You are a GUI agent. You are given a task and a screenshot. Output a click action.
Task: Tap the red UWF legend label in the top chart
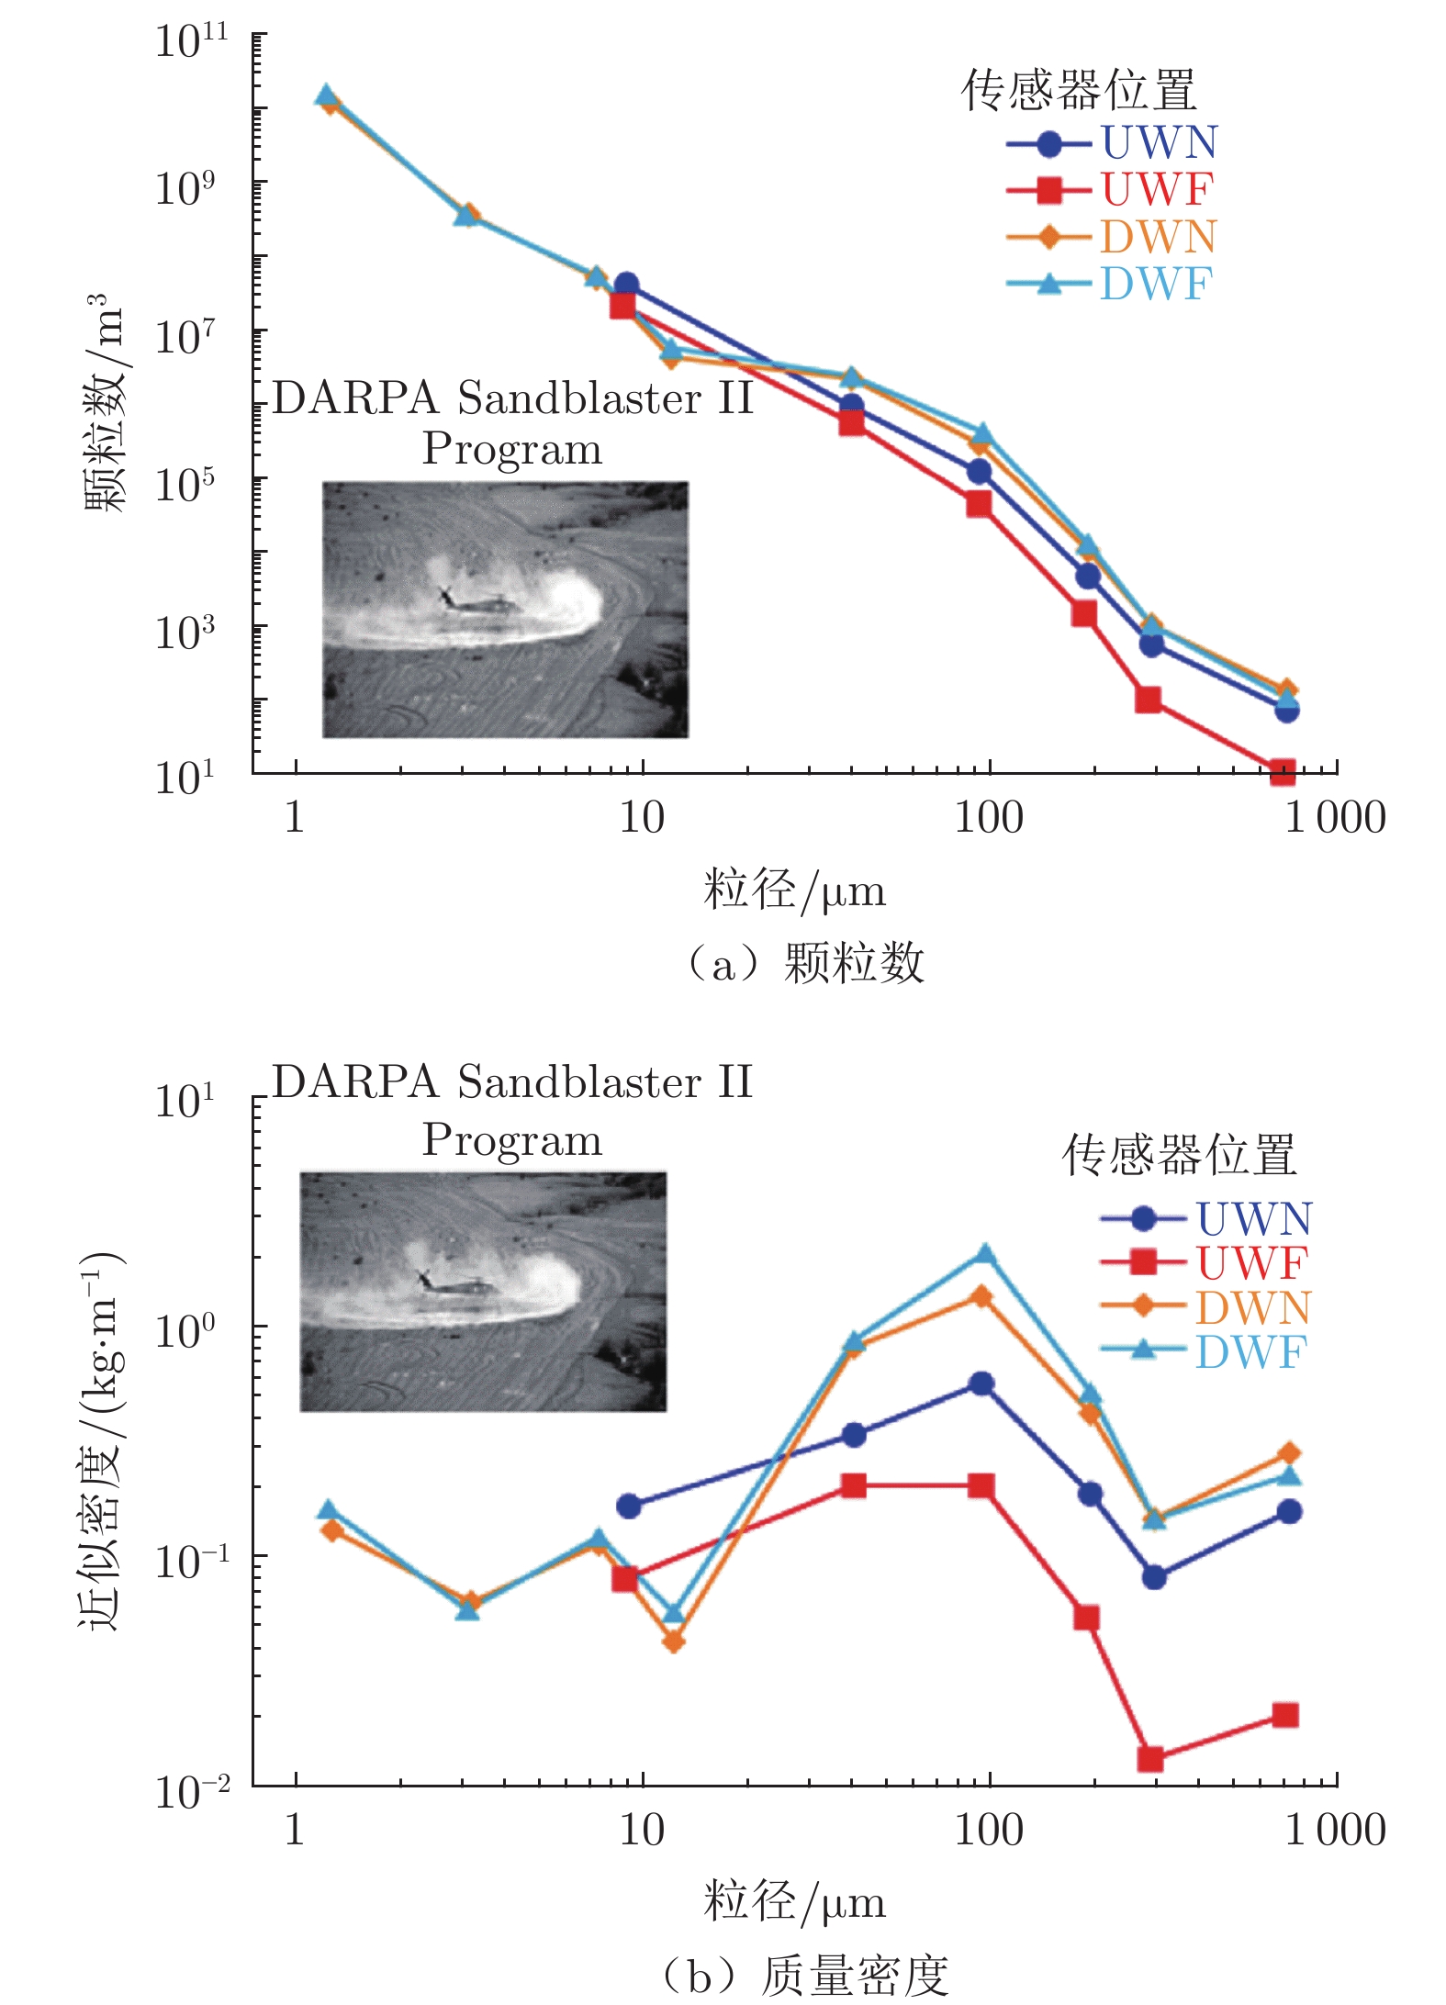pyautogui.click(x=1157, y=190)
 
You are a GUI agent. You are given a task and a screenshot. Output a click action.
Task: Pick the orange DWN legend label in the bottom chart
pyautogui.click(x=1252, y=1307)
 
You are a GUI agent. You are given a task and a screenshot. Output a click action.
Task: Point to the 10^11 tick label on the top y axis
pyautogui.click(x=191, y=41)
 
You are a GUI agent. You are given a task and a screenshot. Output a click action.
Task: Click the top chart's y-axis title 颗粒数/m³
pyautogui.click(x=104, y=404)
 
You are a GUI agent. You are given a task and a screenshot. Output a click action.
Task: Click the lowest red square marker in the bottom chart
pyautogui.click(x=1150, y=1759)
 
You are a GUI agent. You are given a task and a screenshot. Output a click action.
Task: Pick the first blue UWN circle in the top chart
pyautogui.click(x=626, y=285)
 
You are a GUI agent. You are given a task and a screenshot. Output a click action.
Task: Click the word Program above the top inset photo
pyautogui.click(x=511, y=450)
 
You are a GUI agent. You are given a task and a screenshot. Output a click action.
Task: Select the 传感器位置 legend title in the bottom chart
pyautogui.click(x=1179, y=1154)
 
